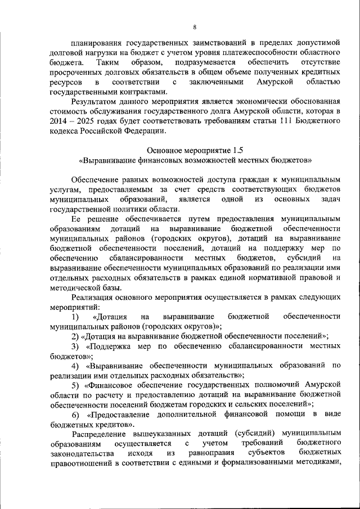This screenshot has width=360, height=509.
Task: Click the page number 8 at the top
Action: click(195, 26)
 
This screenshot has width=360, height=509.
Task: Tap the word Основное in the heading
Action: click(164, 150)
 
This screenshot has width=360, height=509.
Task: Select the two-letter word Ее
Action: click(77, 218)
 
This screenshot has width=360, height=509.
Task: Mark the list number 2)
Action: click(75, 336)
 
